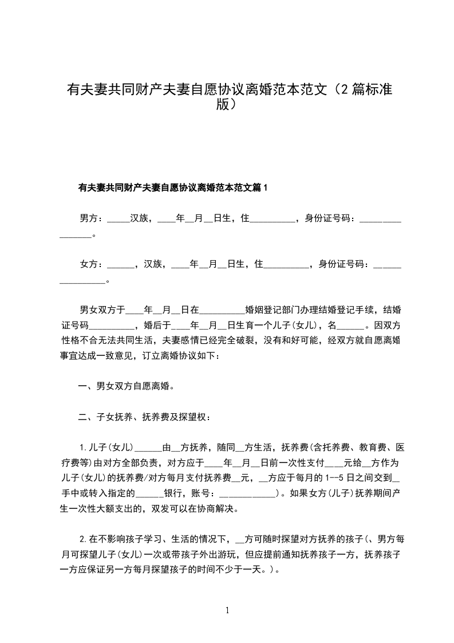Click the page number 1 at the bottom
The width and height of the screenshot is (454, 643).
[x=227, y=610]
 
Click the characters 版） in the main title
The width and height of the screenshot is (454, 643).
[x=227, y=105]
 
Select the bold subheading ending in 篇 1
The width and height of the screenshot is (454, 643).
[x=172, y=187]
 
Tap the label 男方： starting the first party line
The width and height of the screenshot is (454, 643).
[x=92, y=218]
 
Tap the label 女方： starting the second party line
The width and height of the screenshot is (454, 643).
[x=92, y=264]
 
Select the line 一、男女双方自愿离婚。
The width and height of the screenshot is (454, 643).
[x=126, y=386]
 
